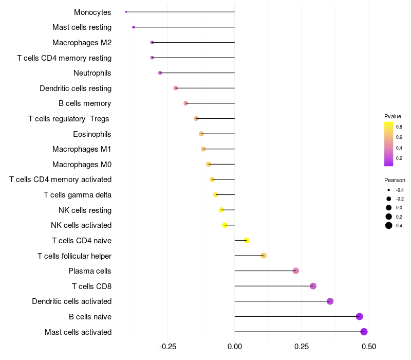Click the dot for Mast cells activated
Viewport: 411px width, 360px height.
click(x=364, y=332)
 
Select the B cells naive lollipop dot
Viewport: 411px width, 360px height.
click(x=359, y=316)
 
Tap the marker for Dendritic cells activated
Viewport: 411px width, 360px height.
click(x=330, y=301)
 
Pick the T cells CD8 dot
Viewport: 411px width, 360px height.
click(x=313, y=286)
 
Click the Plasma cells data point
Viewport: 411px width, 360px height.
click(x=295, y=271)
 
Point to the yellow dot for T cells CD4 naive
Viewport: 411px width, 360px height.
click(x=247, y=240)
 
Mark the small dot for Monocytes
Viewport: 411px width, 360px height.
click(x=126, y=12)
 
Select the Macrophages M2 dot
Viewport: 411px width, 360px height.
click(x=152, y=42)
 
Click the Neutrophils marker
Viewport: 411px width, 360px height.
click(x=160, y=73)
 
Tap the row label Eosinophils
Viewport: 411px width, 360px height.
click(x=92, y=134)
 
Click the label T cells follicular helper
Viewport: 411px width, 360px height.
click(x=74, y=256)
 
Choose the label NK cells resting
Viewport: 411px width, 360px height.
click(x=85, y=210)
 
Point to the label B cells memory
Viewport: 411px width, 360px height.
click(x=85, y=103)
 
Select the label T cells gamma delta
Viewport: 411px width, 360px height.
click(x=78, y=195)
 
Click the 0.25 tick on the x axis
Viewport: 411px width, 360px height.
click(x=302, y=347)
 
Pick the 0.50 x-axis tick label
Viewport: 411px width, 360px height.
click(x=368, y=347)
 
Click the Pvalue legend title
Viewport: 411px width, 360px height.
click(x=393, y=116)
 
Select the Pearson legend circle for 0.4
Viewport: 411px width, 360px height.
click(x=389, y=225)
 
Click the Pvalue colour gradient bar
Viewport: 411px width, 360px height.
click(x=389, y=144)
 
